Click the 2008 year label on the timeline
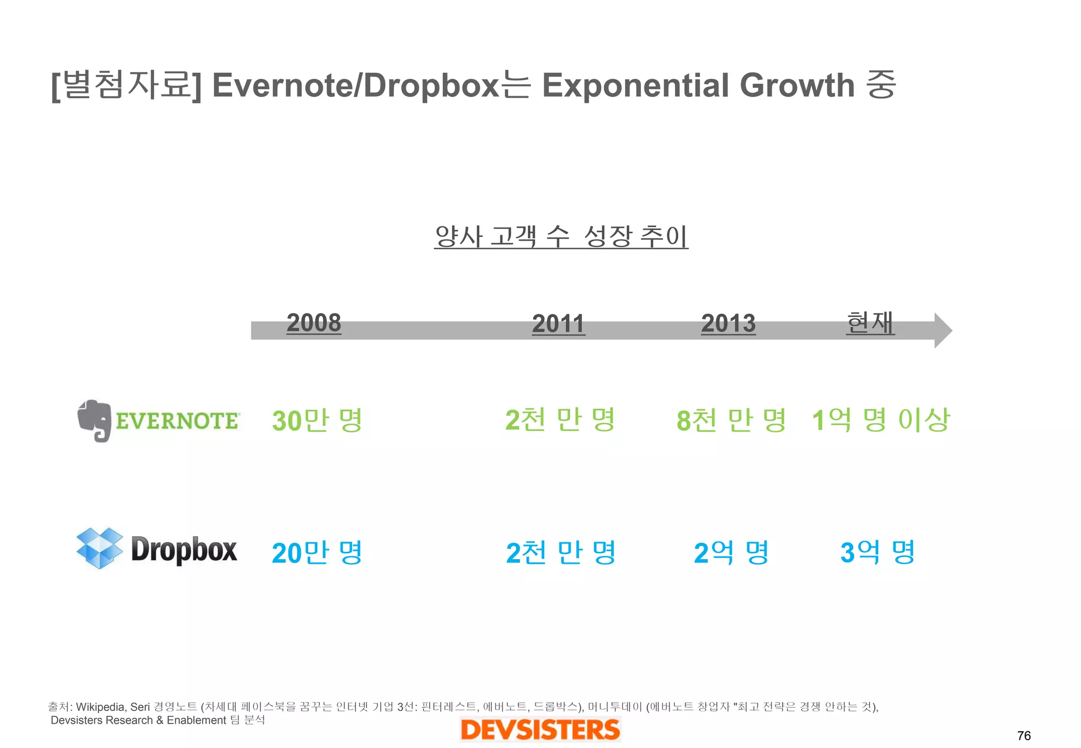tap(314, 322)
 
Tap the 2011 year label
tap(558, 323)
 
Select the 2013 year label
tap(728, 323)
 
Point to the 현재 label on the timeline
tap(870, 322)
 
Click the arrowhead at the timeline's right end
tap(943, 331)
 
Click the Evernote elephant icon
tap(94, 420)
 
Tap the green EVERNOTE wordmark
tap(177, 421)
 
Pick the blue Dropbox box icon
tap(99, 548)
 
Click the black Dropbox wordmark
tap(184, 550)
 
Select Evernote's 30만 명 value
tap(317, 420)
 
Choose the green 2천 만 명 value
tap(560, 420)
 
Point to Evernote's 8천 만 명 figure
tap(731, 420)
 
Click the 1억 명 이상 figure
tap(880, 420)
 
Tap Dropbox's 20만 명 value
tap(317, 553)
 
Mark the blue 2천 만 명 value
tap(561, 553)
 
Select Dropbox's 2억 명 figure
tap(731, 553)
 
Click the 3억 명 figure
tap(877, 552)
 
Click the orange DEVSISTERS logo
tap(540, 730)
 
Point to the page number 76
tap(1023, 735)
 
